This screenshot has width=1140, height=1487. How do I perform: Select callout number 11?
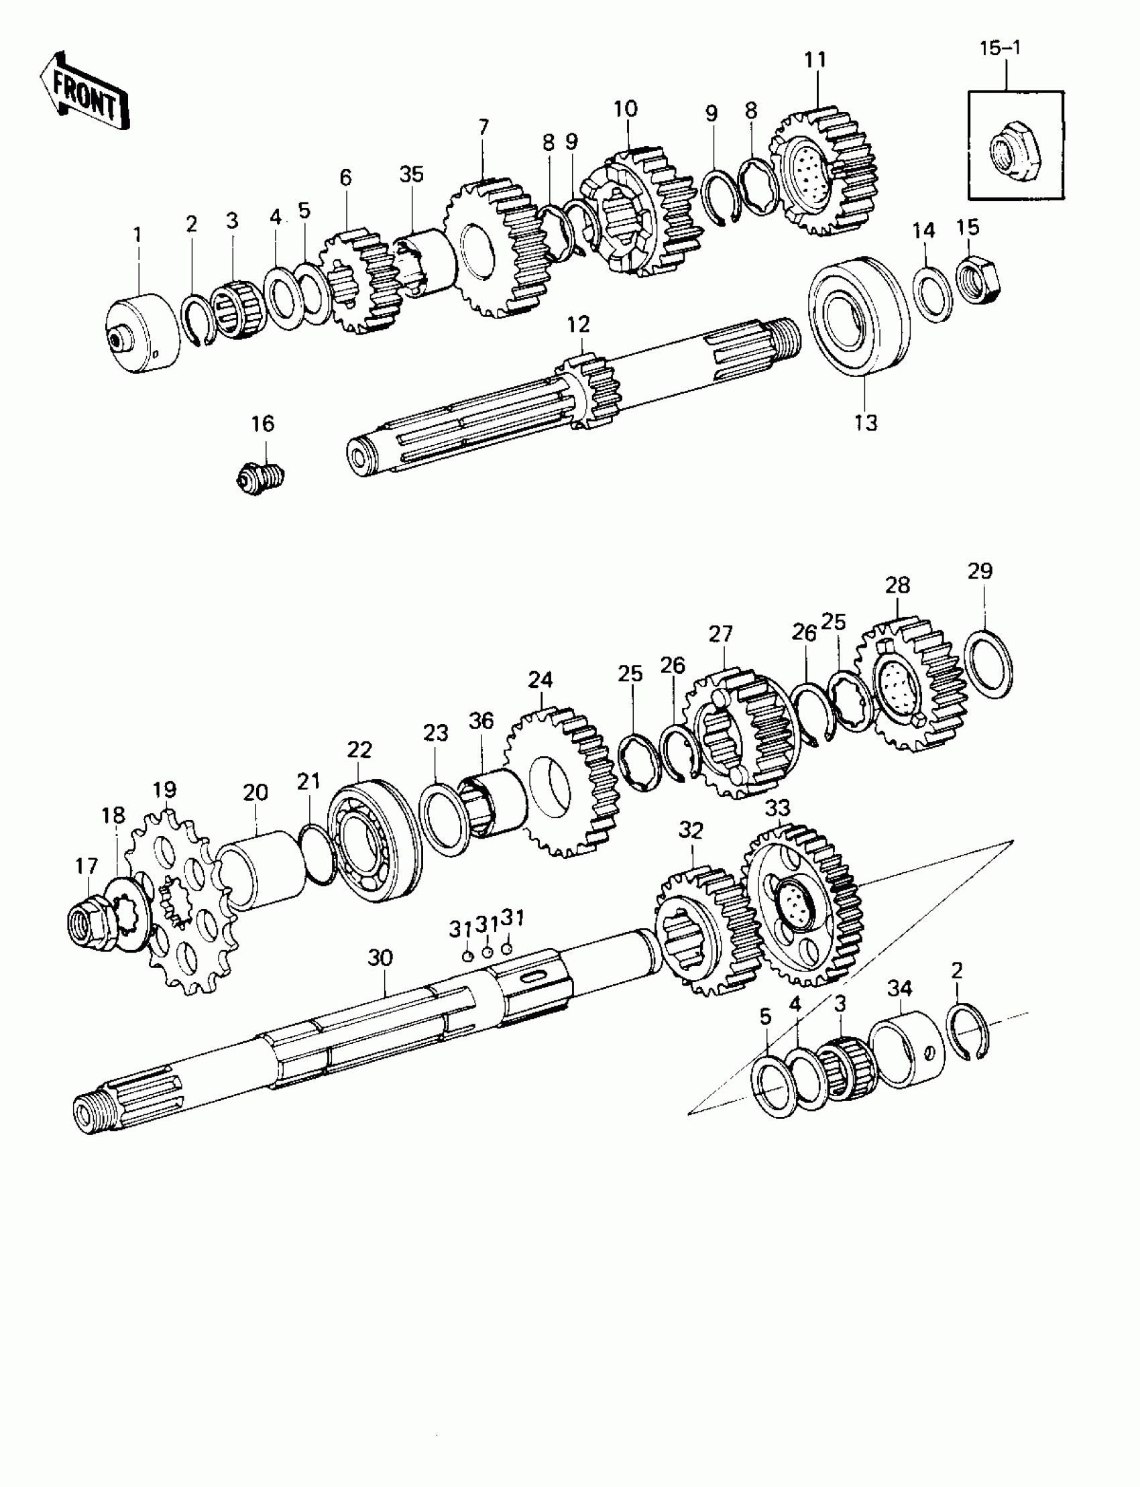coord(815,60)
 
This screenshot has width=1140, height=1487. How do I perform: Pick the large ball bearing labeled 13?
coord(858,316)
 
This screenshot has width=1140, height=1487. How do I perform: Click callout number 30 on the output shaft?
coord(380,959)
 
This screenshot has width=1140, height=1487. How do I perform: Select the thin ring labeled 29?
coord(988,664)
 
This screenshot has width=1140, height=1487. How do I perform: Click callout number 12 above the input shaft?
coord(579,325)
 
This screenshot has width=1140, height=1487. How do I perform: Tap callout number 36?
coord(481,721)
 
